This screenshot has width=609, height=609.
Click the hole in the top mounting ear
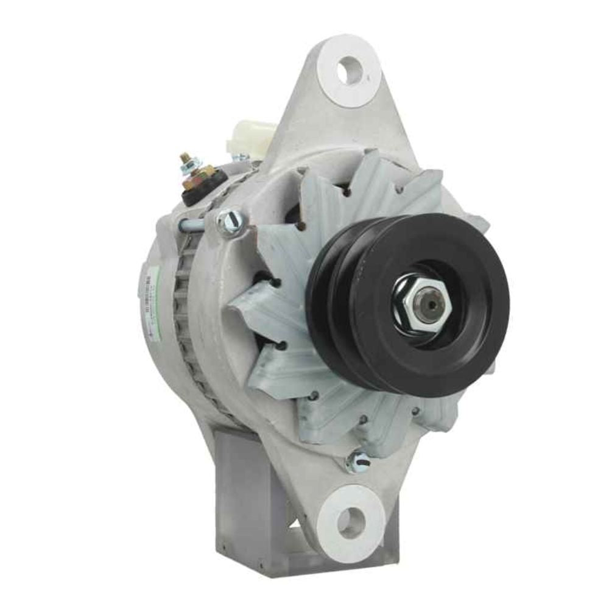pos(350,70)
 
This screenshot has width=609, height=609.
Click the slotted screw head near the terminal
pos(231,220)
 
